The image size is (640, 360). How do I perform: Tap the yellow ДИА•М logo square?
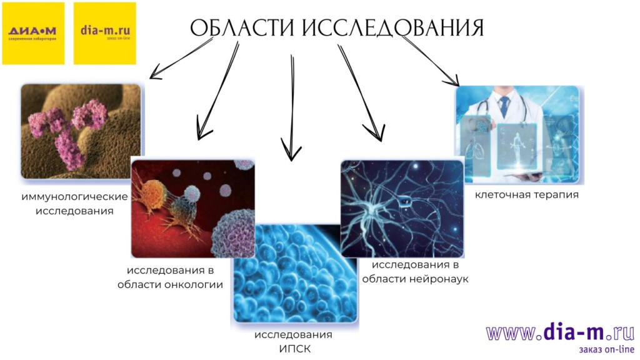[33, 33]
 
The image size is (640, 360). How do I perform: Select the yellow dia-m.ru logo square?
[105, 33]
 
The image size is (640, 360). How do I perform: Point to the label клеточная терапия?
[526, 194]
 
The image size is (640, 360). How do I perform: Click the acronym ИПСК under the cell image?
[294, 348]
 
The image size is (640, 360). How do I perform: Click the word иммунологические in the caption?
[74, 197]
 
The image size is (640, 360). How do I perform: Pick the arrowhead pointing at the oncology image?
[200, 132]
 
